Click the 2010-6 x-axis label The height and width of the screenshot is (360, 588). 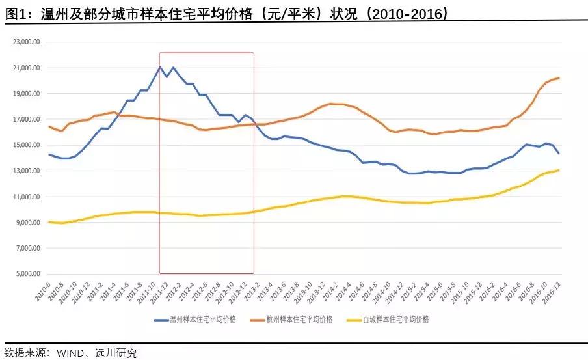point(42,290)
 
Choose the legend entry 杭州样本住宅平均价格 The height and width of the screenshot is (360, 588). point(300,319)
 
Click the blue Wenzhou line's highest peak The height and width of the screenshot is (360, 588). point(161,66)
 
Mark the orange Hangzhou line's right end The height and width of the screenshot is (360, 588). point(559,78)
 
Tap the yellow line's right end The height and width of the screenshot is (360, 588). point(559,170)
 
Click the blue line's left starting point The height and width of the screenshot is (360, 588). point(49,154)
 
